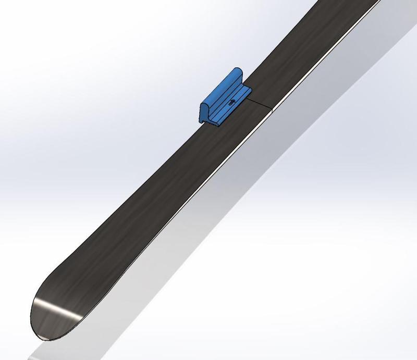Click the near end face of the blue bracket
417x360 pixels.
[x=205, y=111]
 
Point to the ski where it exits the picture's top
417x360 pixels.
[x=349, y=4]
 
